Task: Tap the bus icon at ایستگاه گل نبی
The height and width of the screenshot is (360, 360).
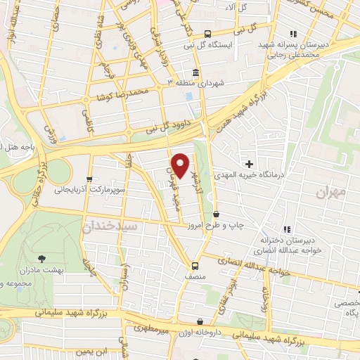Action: click(x=207, y=34)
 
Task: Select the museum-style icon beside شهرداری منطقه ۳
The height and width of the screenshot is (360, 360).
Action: click(x=195, y=72)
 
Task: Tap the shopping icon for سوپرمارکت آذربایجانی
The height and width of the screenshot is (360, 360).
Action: click(x=89, y=179)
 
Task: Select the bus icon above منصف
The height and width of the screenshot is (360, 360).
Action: click(x=195, y=265)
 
